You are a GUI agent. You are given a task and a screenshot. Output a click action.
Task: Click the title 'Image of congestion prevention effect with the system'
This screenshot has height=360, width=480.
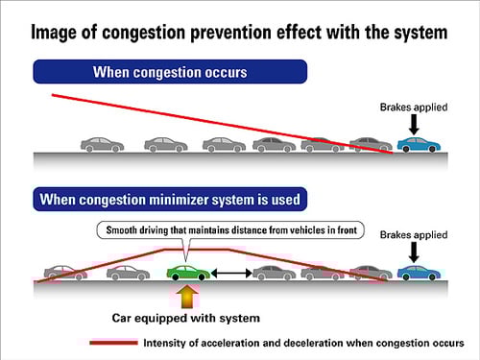click(239, 32)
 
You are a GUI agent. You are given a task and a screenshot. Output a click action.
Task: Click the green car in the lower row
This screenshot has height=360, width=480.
click(187, 273)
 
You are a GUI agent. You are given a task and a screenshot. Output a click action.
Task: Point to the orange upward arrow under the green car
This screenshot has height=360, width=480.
click(187, 295)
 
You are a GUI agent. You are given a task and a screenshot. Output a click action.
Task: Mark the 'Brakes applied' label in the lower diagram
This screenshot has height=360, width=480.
click(415, 233)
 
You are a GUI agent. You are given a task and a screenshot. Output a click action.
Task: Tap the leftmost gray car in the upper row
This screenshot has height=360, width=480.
click(102, 145)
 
